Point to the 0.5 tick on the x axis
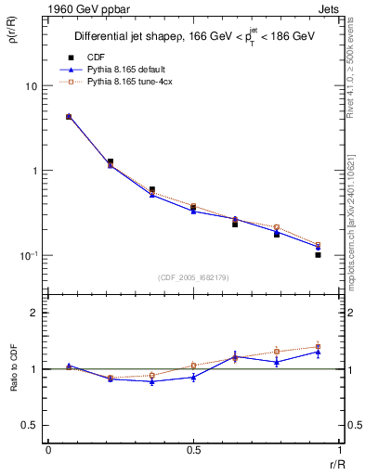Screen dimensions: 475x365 [193, 450]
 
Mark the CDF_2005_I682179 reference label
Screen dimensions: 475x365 [192, 276]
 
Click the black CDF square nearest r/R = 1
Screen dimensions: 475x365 [318, 254]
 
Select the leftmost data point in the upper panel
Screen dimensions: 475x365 [69, 117]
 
